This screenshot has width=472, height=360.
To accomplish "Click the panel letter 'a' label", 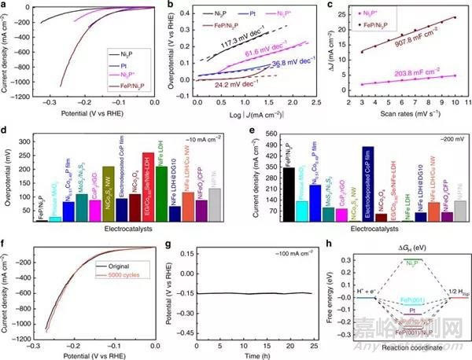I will (x=5, y=6).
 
